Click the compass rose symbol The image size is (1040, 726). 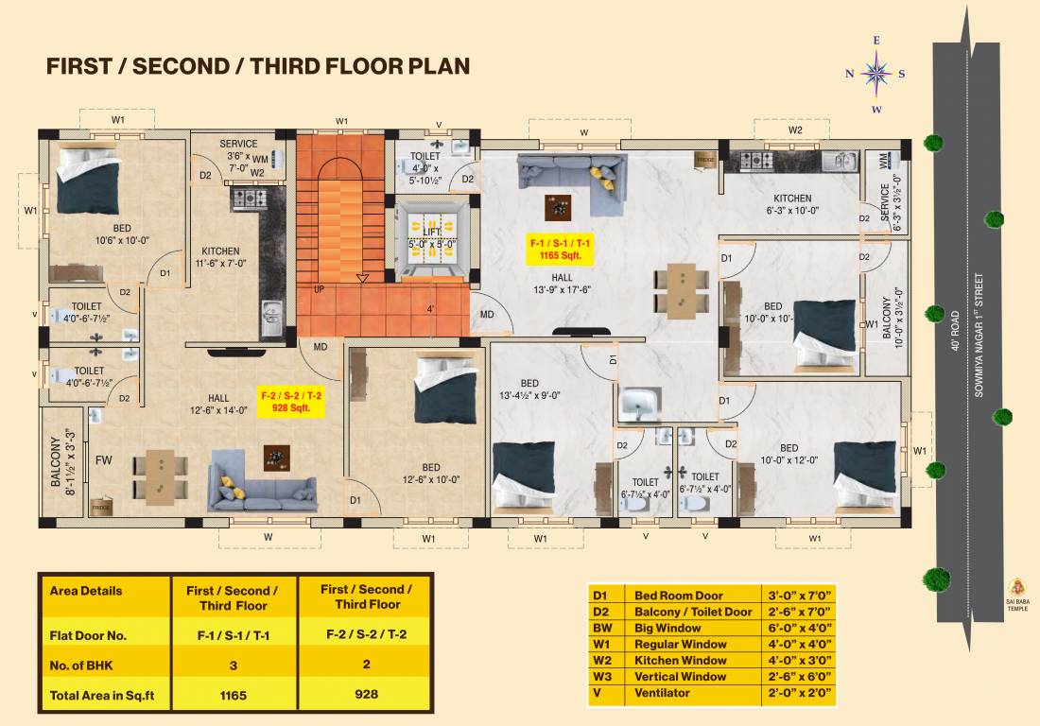tap(876, 74)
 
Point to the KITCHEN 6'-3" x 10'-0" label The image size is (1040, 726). tap(791, 204)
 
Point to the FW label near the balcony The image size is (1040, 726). tap(103, 460)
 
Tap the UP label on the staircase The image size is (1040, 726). tap(319, 288)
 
